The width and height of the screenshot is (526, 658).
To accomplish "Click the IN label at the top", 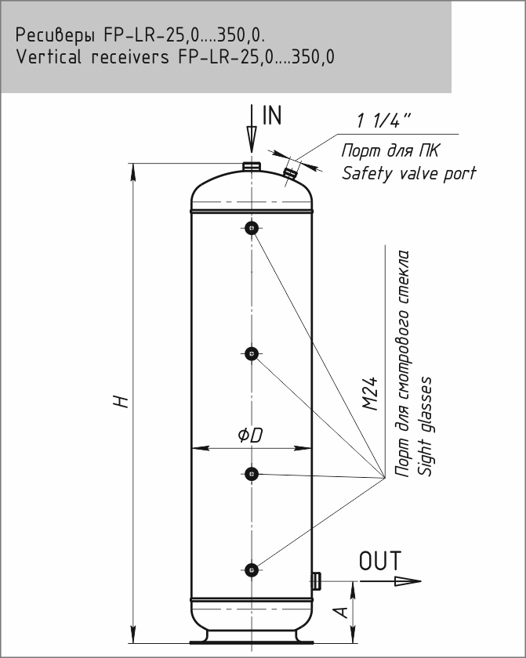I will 271,117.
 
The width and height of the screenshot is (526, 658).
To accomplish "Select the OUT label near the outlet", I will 380,562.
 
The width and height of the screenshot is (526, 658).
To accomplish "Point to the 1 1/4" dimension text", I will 384,121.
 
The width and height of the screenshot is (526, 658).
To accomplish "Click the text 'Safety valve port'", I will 408,173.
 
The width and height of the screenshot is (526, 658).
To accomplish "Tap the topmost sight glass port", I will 251,228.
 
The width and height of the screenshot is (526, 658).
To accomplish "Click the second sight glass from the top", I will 251,354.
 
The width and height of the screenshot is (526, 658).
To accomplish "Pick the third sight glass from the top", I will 251,473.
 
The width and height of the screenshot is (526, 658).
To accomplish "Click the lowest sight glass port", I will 251,569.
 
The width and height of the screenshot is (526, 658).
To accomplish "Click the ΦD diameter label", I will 250,436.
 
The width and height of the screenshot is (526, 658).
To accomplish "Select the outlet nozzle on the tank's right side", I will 316,580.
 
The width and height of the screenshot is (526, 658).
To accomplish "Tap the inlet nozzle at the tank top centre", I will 251,167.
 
